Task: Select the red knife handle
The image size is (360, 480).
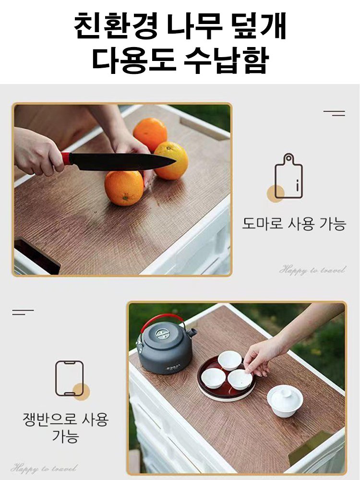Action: (x=66, y=158)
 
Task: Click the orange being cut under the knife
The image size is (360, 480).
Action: (x=123, y=187)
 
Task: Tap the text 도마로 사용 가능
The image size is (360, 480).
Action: (x=293, y=224)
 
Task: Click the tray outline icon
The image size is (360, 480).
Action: (x=70, y=378)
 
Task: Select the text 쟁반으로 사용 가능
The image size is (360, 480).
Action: (x=66, y=428)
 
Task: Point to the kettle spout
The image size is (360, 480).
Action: (x=192, y=332)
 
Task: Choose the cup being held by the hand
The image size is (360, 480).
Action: (x=240, y=379)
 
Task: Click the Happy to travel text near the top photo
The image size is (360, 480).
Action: (x=312, y=270)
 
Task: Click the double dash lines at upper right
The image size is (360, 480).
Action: (x=334, y=113)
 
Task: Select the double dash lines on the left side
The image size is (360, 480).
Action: (x=23, y=312)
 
